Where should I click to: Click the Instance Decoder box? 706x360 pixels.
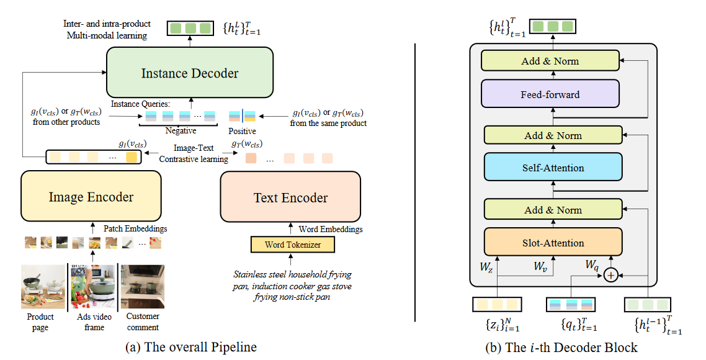[190, 73]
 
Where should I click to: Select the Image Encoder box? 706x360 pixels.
[91, 197]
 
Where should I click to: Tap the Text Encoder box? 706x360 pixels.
[290, 198]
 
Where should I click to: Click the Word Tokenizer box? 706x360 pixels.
[293, 245]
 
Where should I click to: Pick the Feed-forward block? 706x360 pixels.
[550, 95]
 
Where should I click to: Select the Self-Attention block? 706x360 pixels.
[552, 168]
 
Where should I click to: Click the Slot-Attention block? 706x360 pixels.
[552, 243]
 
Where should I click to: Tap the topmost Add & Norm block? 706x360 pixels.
[551, 61]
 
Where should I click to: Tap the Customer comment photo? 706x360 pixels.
[142, 286]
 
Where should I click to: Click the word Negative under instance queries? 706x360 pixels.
[181, 131]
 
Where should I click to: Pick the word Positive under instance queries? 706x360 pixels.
[241, 131]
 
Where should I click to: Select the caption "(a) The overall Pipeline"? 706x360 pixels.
[190, 347]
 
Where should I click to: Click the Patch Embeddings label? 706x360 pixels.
[135, 228]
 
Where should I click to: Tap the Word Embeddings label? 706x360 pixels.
[331, 229]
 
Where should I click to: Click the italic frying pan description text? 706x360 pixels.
[292, 286]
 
